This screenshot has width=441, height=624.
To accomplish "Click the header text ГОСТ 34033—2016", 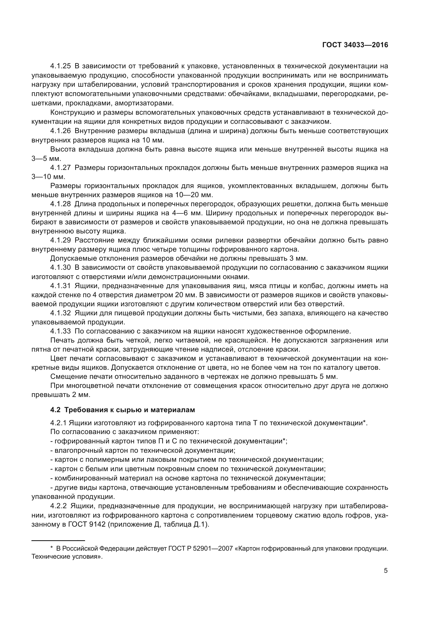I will click(355, 45).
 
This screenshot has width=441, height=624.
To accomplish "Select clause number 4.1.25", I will click(60, 66).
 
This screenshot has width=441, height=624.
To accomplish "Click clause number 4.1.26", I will click(60, 131).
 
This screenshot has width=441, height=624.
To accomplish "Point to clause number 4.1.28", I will click(60, 204).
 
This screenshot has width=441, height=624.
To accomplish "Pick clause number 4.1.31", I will click(60, 286).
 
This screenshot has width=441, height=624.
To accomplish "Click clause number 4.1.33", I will click(60, 331).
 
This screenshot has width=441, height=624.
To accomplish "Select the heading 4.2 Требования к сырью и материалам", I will click(122, 410).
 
